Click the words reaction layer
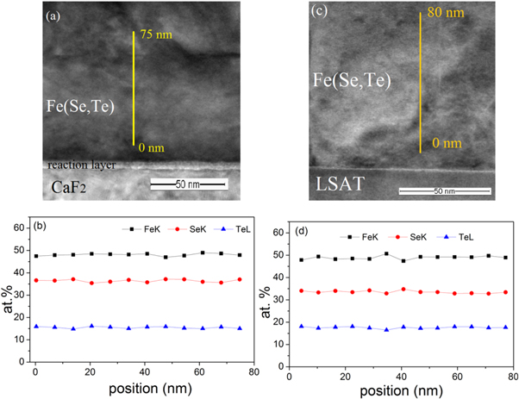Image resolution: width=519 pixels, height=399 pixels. (x=81, y=164)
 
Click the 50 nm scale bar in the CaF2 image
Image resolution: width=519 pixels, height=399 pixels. (x=188, y=183)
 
